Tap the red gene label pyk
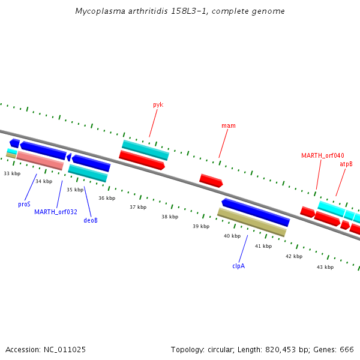158,104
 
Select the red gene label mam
228,126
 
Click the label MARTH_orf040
322,155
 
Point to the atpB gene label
346,164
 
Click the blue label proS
24,204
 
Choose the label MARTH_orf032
55,212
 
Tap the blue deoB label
91,220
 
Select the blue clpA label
239,266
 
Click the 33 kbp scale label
12,173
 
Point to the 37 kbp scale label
138,207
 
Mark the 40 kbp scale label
232,236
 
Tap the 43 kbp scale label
325,266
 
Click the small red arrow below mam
211,180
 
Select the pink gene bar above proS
40,160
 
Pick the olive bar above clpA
251,222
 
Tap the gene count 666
346,349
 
